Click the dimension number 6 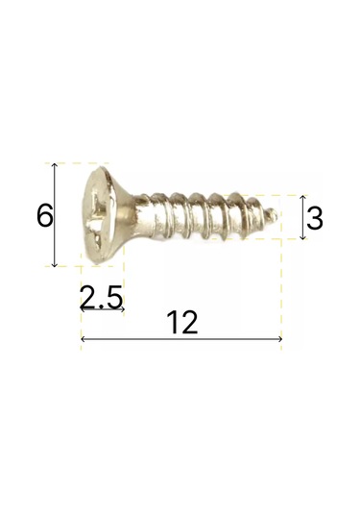click(x=42, y=216)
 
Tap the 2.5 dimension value click(x=102, y=299)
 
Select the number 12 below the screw click(x=180, y=323)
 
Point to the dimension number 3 click(x=314, y=219)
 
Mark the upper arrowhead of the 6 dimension click(x=56, y=166)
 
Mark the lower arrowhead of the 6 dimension click(x=56, y=263)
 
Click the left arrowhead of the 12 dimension click(x=84, y=339)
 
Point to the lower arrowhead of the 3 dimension click(x=302, y=236)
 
